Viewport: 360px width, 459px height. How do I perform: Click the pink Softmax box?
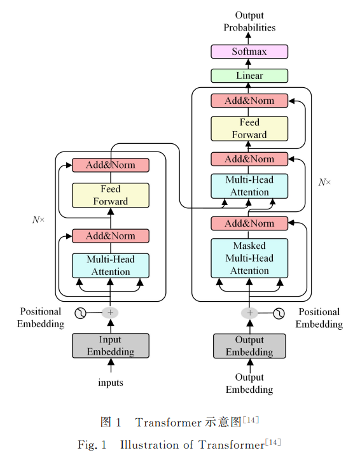[249, 52]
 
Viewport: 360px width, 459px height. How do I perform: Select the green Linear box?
[249, 76]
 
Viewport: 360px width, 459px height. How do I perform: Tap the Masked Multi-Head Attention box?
[249, 258]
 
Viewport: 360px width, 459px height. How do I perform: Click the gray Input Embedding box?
[111, 346]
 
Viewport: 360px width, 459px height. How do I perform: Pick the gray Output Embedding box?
[249, 346]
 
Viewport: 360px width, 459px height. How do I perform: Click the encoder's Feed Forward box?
[111, 195]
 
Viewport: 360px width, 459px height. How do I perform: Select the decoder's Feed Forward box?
[249, 129]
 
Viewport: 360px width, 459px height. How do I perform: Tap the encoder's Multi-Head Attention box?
[111, 265]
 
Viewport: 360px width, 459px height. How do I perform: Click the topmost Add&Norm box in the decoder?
[249, 101]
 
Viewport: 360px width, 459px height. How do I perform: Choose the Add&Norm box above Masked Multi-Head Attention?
[249, 223]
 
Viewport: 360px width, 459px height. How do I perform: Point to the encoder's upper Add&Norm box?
[111, 165]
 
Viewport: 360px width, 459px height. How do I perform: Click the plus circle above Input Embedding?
[110, 313]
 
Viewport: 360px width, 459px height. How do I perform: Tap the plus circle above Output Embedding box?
[249, 313]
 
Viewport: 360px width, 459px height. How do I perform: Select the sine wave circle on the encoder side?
[80, 313]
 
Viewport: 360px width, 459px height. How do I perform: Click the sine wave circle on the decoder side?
[279, 313]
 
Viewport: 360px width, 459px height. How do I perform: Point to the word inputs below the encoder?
[111, 383]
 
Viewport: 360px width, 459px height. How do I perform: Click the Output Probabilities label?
[249, 21]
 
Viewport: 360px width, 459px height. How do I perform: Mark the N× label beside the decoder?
[324, 182]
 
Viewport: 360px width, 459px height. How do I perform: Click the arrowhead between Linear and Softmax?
[248, 62]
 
